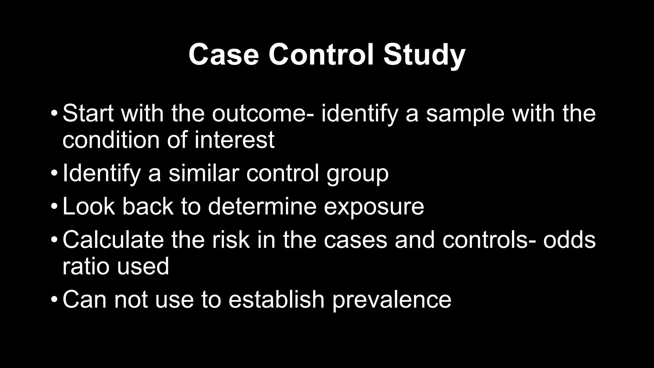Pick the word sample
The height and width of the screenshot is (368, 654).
tap(466, 114)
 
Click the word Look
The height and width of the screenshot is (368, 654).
tap(88, 206)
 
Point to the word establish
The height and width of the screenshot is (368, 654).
tap(277, 299)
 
